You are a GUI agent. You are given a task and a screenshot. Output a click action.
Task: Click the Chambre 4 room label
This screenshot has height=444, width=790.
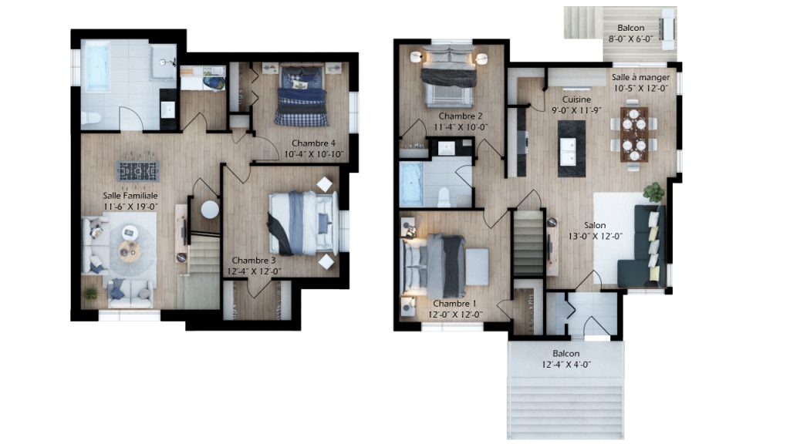click(x=313, y=143)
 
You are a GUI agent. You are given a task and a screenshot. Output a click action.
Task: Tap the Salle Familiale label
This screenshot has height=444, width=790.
click(x=130, y=195)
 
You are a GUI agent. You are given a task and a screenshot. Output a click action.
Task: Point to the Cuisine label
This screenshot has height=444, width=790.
click(x=576, y=99)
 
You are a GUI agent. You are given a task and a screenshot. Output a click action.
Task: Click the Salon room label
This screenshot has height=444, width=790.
click(x=595, y=225)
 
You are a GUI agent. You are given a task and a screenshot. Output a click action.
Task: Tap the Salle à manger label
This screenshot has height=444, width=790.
click(x=641, y=78)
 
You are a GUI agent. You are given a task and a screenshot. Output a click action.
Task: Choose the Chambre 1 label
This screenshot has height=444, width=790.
click(x=454, y=304)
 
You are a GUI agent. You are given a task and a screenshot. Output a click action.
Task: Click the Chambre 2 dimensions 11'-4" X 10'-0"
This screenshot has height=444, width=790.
click(x=461, y=127)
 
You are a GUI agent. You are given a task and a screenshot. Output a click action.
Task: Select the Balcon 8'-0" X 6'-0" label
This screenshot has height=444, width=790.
click(x=631, y=33)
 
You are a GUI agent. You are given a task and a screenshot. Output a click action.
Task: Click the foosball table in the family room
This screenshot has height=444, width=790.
click(x=138, y=171)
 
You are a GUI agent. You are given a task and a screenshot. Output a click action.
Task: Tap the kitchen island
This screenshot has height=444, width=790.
click(x=572, y=149)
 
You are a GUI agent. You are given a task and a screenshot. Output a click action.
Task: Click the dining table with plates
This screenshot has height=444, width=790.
click(x=634, y=134)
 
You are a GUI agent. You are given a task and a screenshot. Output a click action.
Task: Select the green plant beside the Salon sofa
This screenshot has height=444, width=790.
click(x=653, y=192)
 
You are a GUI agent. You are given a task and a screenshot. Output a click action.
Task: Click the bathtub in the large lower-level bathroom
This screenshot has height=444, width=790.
click(x=96, y=67)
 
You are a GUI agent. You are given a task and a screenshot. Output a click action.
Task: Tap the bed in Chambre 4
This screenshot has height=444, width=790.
click(x=301, y=95)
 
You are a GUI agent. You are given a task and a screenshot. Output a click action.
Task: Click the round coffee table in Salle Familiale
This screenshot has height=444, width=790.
click(x=130, y=251)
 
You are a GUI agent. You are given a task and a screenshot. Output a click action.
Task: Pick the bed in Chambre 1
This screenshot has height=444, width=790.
click(x=439, y=265)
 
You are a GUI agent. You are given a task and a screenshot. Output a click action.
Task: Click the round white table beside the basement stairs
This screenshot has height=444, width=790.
click(x=210, y=210)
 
